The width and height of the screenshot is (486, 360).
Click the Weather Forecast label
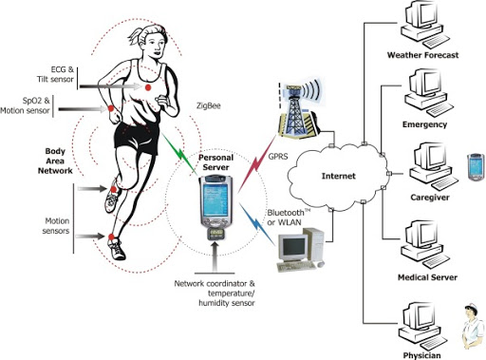(423, 56)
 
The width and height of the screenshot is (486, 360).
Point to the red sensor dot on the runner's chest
(147, 87)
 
